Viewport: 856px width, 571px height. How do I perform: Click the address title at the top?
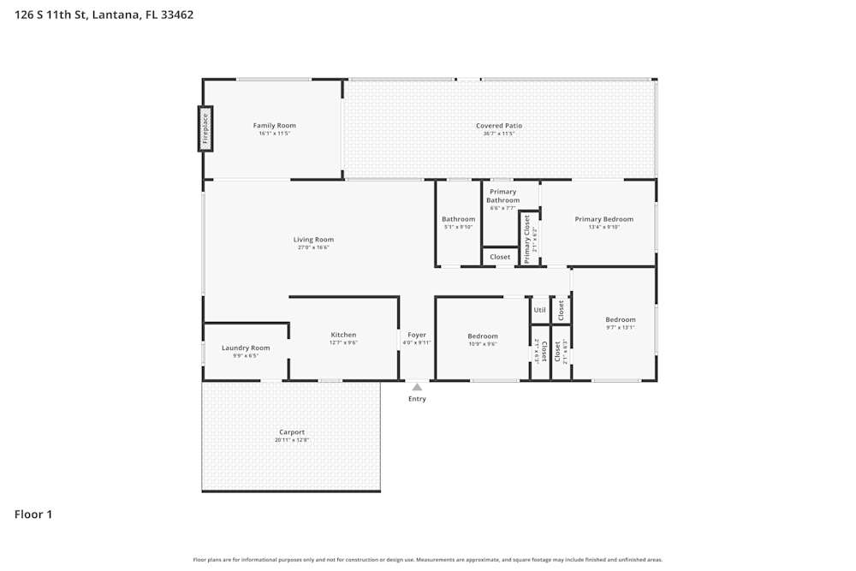(104, 15)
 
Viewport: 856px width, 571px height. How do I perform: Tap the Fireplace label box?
(205, 129)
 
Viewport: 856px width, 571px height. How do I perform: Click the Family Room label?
(274, 126)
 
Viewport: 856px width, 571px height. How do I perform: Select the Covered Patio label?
(499, 126)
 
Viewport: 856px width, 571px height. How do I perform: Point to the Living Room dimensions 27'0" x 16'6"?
(313, 247)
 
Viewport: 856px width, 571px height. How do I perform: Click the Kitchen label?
(343, 335)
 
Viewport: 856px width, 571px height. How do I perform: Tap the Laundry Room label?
(246, 348)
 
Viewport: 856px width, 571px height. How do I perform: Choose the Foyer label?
(417, 335)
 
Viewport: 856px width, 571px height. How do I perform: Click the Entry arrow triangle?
(417, 387)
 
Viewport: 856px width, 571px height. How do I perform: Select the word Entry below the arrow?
(417, 399)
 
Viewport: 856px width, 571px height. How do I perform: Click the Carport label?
(292, 432)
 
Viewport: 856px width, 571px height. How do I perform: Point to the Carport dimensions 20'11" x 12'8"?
(292, 440)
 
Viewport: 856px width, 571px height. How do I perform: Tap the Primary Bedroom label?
(603, 219)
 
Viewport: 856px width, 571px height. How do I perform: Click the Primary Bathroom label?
(503, 196)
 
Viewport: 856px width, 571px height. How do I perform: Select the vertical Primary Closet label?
(527, 238)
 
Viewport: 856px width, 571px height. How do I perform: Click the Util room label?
(539, 310)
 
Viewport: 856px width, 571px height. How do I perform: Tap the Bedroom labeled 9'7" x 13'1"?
(621, 320)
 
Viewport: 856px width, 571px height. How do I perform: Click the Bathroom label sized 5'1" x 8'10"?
(458, 219)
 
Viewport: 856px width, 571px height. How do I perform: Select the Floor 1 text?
(33, 514)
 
